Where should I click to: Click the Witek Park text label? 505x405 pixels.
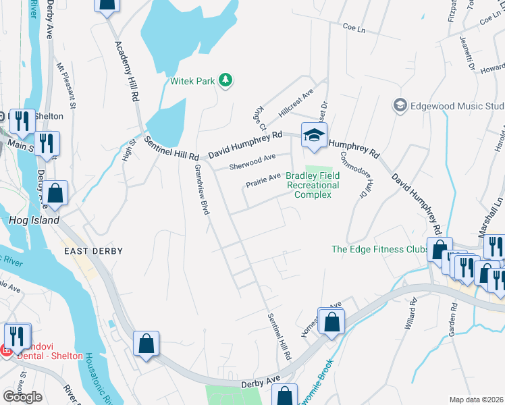pyautogui.click(x=192, y=82)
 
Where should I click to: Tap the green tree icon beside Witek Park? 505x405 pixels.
pyautogui.click(x=225, y=81)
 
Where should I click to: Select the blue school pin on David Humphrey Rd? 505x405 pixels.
pyautogui.click(x=314, y=136)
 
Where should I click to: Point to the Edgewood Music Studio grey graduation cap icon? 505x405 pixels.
pyautogui.click(x=400, y=106)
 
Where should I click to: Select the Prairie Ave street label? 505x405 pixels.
pyautogui.click(x=263, y=180)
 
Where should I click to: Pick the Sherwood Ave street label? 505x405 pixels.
pyautogui.click(x=252, y=161)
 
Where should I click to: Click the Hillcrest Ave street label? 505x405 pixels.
pyautogui.click(x=296, y=106)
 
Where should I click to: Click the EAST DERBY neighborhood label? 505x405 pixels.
pyautogui.click(x=94, y=251)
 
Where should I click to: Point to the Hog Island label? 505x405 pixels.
pyautogui.click(x=34, y=220)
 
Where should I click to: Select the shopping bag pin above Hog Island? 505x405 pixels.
pyautogui.click(x=57, y=193)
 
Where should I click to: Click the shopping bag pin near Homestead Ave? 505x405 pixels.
pyautogui.click(x=331, y=322)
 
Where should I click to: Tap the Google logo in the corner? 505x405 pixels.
pyautogui.click(x=22, y=397)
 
